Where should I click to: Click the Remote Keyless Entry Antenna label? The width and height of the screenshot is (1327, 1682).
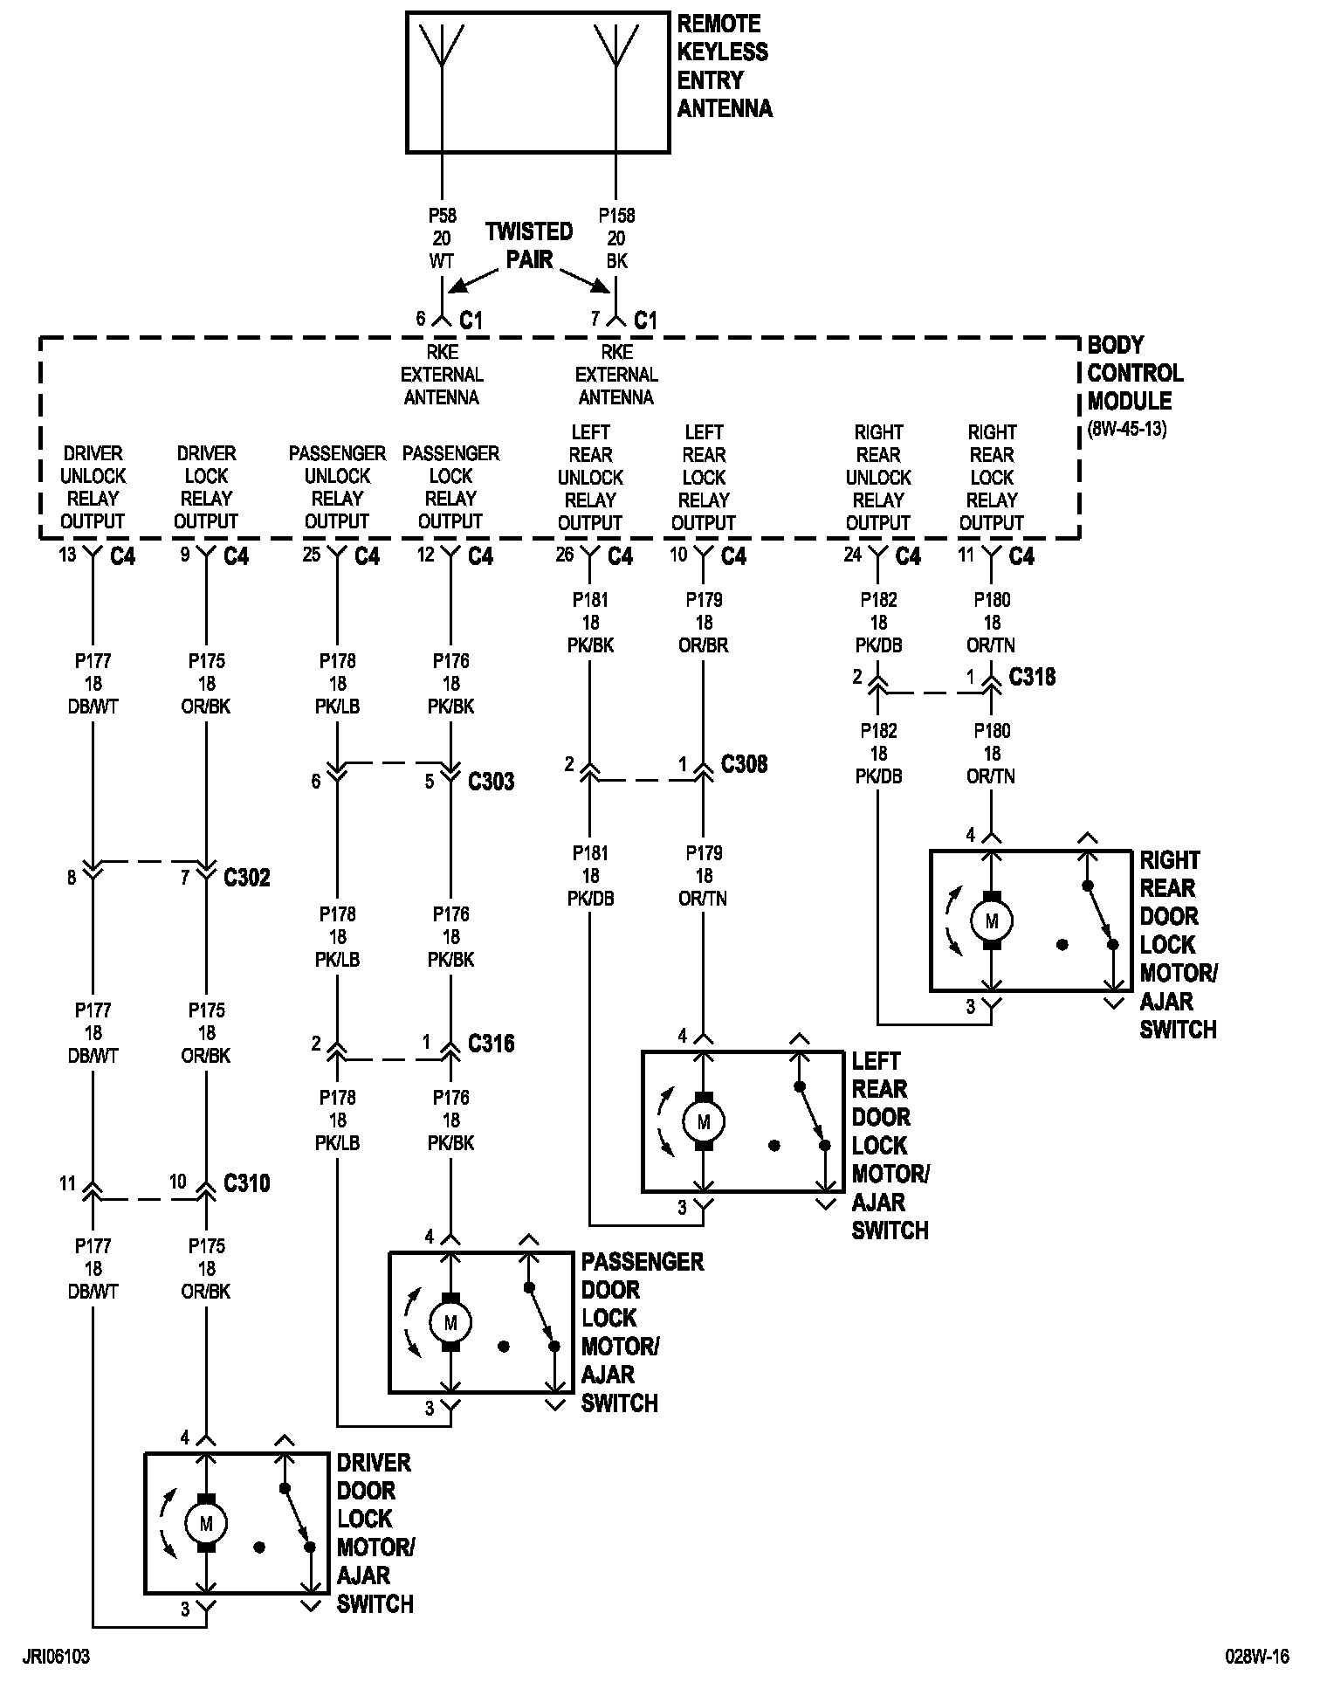724,66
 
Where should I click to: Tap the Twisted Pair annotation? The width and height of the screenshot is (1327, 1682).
529,245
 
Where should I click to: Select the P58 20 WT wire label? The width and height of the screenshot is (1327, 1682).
443,238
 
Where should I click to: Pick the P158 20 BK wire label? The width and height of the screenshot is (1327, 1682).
617,238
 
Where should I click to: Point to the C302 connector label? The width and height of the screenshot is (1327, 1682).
247,877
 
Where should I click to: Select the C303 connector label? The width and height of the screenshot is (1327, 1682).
492,781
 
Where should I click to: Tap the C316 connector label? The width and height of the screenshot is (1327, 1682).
492,1043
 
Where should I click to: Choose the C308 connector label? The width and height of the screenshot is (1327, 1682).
745,764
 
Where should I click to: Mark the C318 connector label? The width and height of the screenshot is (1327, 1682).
1032,677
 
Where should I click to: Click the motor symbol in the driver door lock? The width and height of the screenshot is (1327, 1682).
206,1524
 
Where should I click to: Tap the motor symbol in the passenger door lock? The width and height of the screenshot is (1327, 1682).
450,1323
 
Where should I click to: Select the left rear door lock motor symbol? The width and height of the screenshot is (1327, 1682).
704,1122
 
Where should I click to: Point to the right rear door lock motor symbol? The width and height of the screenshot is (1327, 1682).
992,921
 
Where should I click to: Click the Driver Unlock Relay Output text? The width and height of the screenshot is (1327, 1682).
93,487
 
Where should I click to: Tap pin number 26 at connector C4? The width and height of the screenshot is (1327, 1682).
565,555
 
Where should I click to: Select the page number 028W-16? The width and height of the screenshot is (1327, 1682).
1256,1657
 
